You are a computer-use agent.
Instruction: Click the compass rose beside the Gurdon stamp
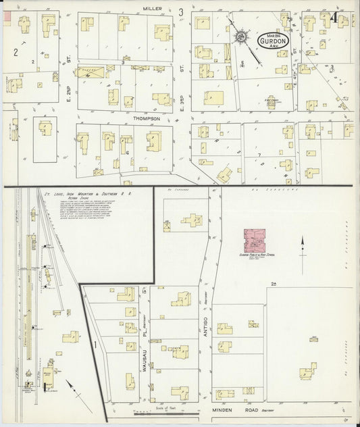point(242,36)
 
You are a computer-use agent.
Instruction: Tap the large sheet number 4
point(335,18)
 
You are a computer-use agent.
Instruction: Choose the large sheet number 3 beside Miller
point(181,11)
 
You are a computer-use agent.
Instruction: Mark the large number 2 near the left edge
point(15,51)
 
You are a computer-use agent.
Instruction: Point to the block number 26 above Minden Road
point(274,283)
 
